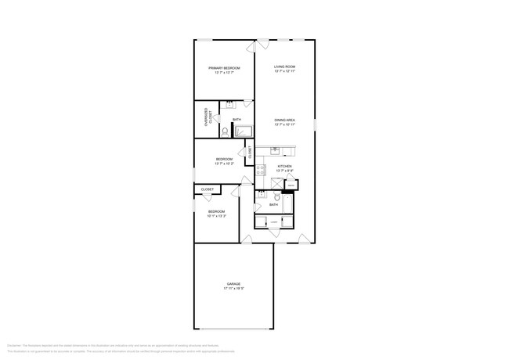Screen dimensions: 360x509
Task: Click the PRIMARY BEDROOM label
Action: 224,68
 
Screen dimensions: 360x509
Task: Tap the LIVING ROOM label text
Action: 284,67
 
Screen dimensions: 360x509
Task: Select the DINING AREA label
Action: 284,120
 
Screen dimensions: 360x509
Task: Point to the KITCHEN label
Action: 284,166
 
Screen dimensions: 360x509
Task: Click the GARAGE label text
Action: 233,283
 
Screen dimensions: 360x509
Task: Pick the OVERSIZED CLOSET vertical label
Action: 208,117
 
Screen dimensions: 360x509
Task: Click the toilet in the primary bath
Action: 224,131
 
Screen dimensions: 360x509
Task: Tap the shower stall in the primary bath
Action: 243,131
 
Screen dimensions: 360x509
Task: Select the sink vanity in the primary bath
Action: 230,105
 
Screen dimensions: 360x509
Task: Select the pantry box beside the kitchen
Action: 290,185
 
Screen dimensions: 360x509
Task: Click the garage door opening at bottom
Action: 233,329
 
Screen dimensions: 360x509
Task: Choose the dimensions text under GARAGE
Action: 233,289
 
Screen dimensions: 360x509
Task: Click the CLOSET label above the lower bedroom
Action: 208,189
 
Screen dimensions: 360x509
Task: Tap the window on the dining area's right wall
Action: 316,123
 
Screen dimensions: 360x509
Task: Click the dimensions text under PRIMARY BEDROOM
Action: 224,74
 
